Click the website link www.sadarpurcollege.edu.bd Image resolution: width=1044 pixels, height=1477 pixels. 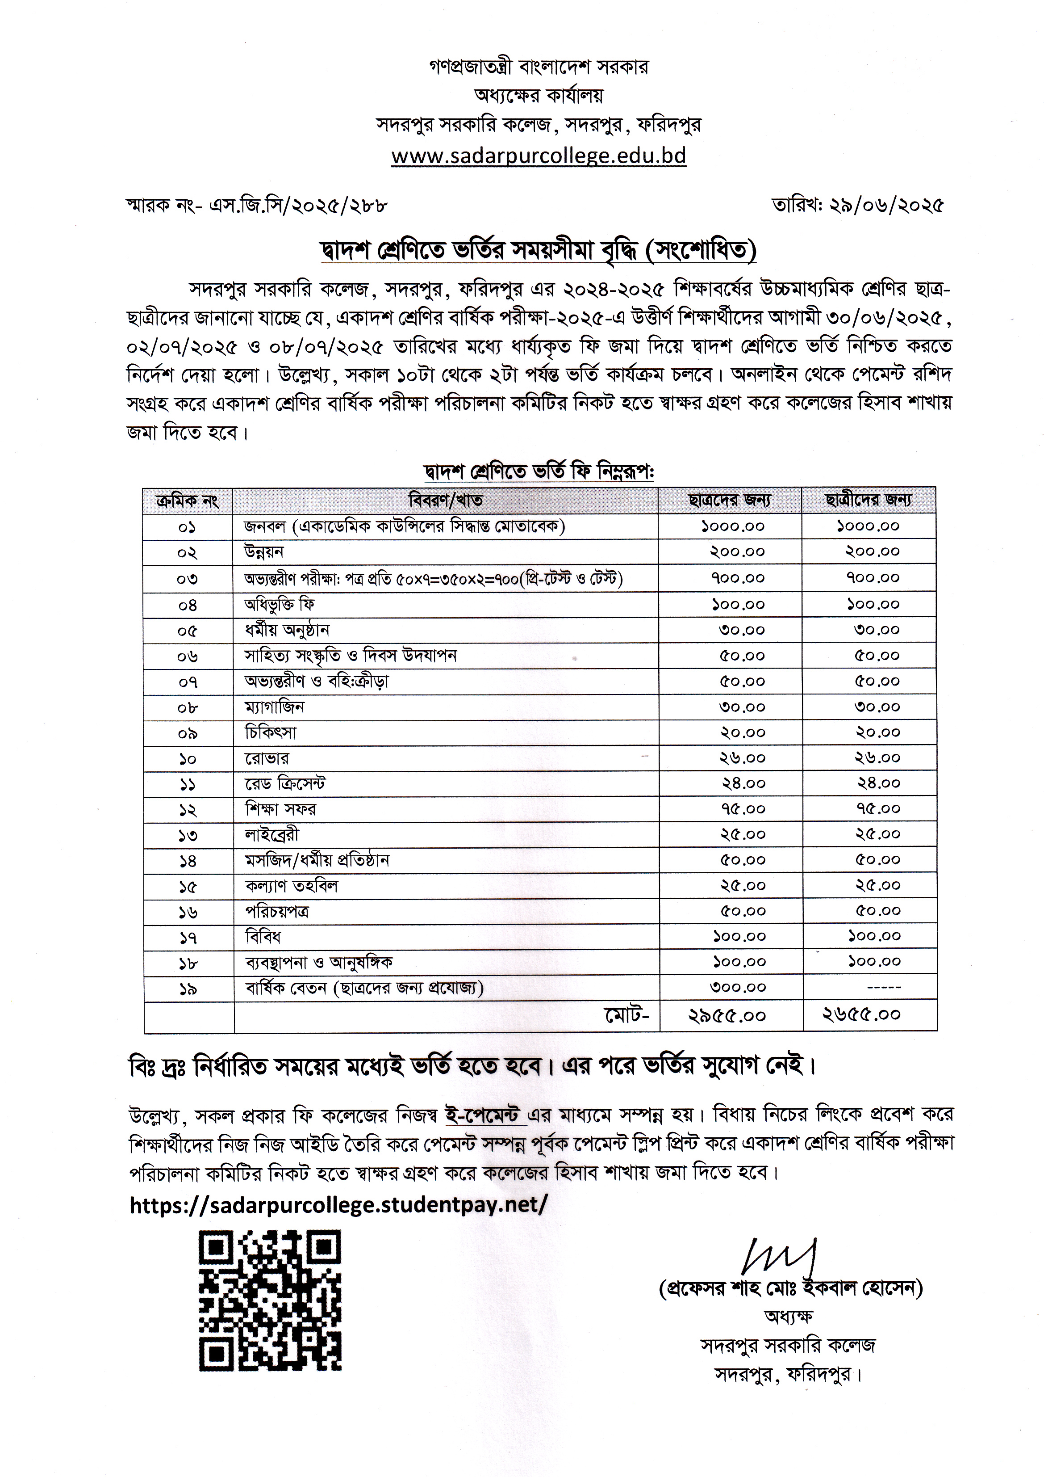click(x=539, y=156)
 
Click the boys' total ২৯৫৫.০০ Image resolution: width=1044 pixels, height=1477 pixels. click(x=727, y=1016)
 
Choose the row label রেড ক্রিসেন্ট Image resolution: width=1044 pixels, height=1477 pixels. click(x=285, y=783)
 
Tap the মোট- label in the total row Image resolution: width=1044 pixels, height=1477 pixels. click(x=627, y=1015)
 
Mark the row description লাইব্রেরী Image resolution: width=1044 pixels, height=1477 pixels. click(x=272, y=835)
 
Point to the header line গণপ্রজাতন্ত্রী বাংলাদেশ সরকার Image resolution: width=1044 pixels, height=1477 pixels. click(x=539, y=67)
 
